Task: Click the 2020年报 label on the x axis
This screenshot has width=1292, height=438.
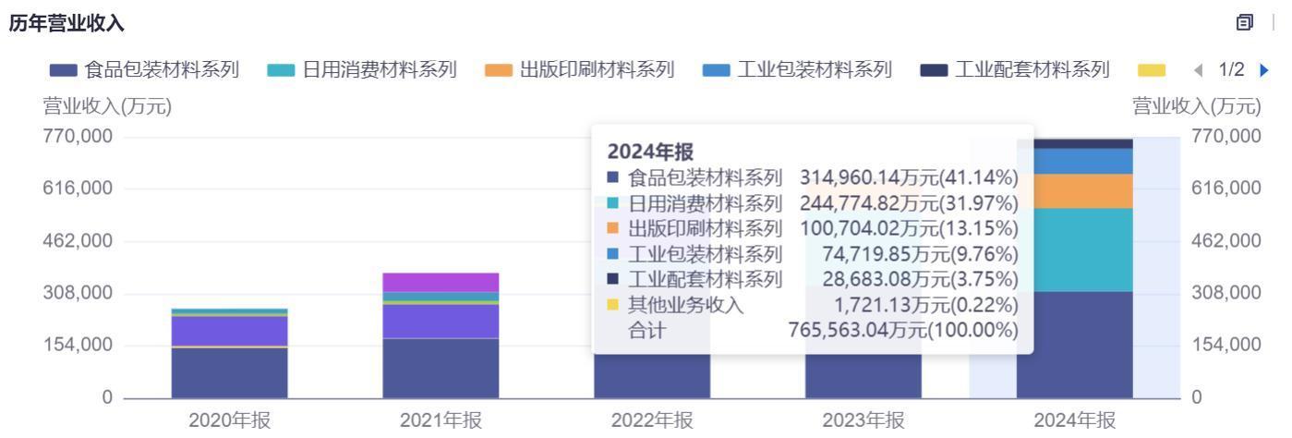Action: [x=230, y=420]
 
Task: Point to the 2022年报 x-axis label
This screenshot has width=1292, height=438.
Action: [x=652, y=420]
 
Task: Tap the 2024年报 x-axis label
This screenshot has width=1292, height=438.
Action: [x=1074, y=420]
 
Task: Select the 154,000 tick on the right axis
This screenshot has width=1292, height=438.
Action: [x=1226, y=345]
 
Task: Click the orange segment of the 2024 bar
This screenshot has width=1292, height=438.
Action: [x=1074, y=191]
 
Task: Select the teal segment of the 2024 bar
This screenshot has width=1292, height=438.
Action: [x=1074, y=249]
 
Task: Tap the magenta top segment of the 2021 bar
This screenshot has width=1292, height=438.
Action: [x=441, y=282]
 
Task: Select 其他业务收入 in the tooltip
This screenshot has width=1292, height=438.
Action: [x=685, y=305]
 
